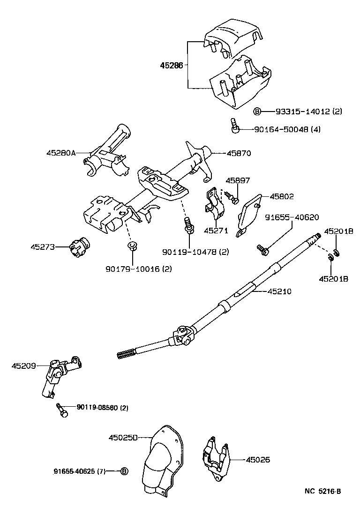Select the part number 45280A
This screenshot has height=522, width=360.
pos(61,153)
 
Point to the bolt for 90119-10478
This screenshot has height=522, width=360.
pos(189,224)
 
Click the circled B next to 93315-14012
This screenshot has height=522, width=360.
pos(257,112)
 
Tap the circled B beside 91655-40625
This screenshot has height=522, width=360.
pos(124,471)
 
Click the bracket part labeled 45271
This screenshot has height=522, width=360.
pos(214,205)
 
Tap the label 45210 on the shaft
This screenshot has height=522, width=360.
pos(279,291)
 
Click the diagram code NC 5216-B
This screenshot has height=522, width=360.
pos(322,492)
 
